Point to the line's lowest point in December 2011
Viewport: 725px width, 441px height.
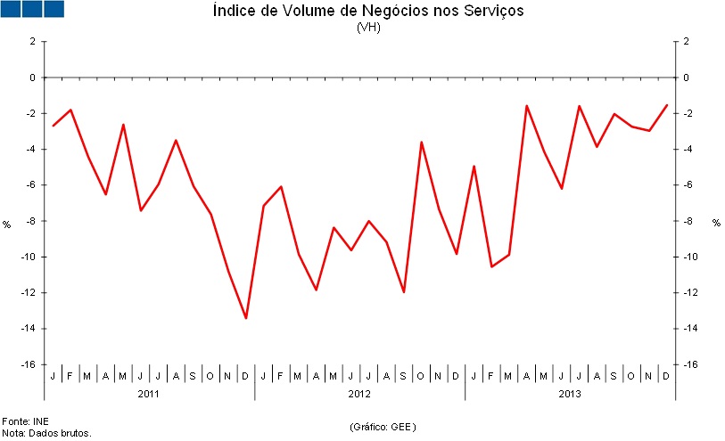pyautogui.click(x=246, y=318)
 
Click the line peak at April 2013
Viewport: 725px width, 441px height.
pyautogui.click(x=526, y=106)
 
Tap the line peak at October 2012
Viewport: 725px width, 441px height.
pyautogui.click(x=421, y=143)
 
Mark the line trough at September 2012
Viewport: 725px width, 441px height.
pyautogui.click(x=404, y=292)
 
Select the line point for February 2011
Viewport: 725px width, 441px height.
pyautogui.click(x=70, y=110)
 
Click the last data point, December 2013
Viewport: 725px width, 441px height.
pyautogui.click(x=667, y=105)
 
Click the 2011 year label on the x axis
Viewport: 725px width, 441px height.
pyautogui.click(x=149, y=393)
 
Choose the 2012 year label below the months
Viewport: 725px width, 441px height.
pyautogui.click(x=359, y=393)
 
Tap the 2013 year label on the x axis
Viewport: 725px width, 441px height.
pyautogui.click(x=570, y=393)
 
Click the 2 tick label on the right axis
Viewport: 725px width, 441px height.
pyautogui.click(x=686, y=42)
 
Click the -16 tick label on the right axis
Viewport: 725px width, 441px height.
pyautogui.click(x=688, y=364)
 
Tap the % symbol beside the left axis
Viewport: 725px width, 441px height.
pyautogui.click(x=7, y=223)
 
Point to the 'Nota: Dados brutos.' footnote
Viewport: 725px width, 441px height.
pyautogui.click(x=46, y=433)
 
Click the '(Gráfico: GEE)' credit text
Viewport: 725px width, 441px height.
pyautogui.click(x=383, y=427)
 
